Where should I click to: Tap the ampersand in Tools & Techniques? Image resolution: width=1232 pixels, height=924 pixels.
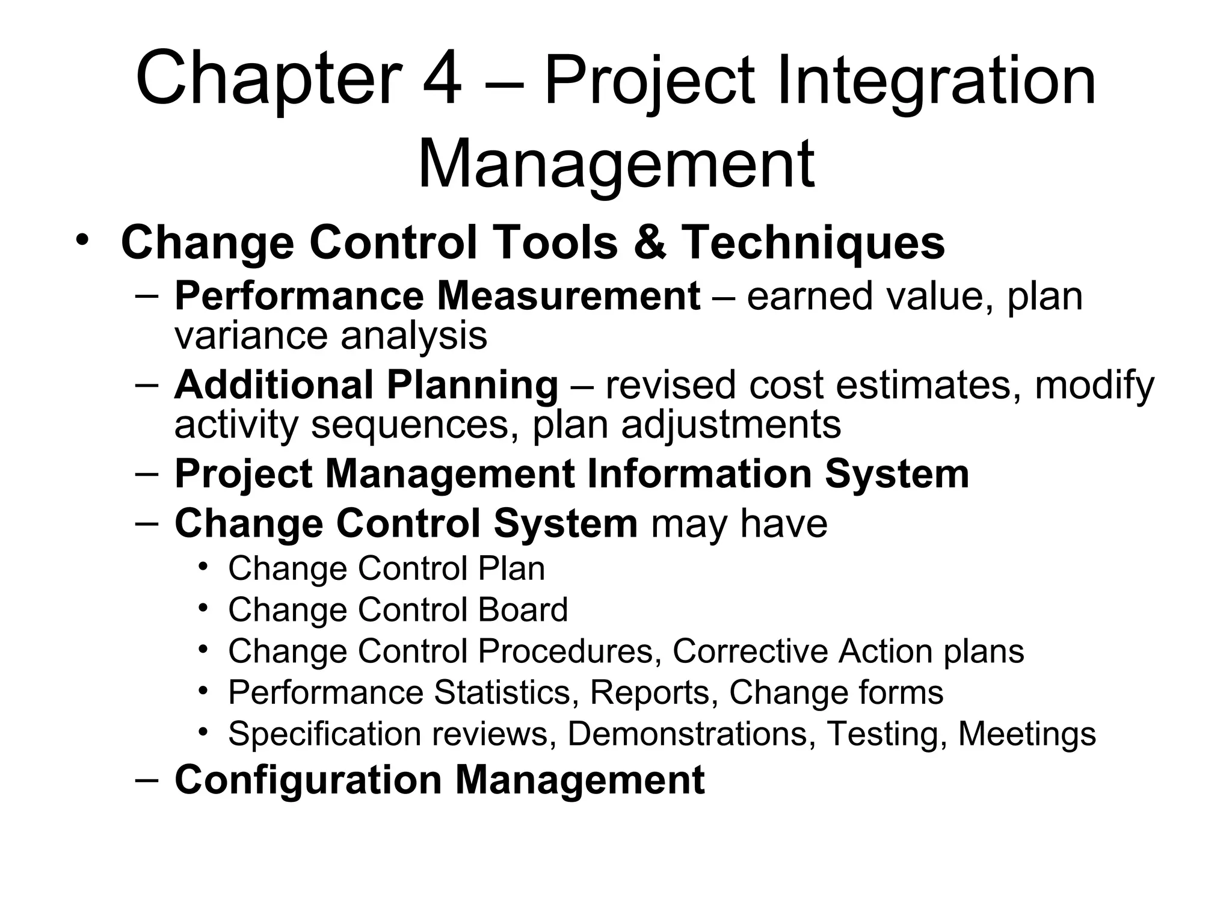(x=650, y=242)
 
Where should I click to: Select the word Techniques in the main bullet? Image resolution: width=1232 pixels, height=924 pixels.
(x=813, y=242)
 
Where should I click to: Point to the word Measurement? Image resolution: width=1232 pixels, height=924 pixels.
(x=568, y=296)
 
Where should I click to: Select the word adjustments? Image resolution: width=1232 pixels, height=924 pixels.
(x=730, y=425)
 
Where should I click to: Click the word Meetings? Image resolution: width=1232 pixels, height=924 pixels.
(x=1027, y=735)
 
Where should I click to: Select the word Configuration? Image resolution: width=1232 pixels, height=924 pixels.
(x=308, y=780)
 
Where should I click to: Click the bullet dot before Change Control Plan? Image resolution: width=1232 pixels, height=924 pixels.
(x=204, y=567)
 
